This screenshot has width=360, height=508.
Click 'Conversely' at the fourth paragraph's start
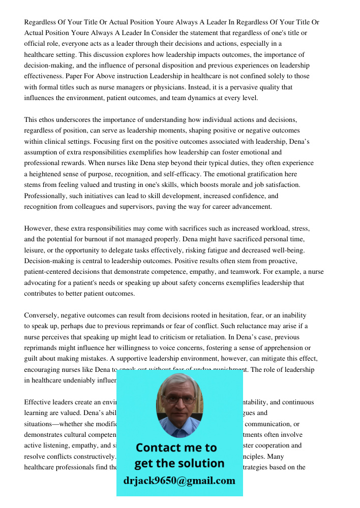pos(42,315)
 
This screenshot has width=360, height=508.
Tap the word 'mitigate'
pos(252,359)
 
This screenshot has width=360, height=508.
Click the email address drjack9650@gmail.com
pos(179,481)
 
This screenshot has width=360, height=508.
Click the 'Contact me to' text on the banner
pos(176,448)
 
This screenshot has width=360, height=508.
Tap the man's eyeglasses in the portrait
pos(180,400)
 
